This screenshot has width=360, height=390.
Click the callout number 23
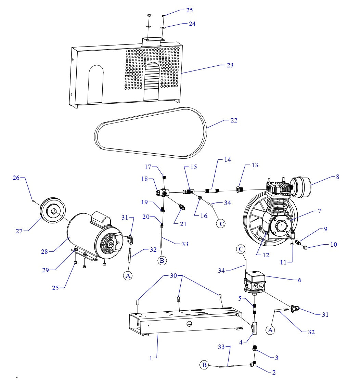point(230,65)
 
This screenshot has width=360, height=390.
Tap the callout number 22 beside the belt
point(234,120)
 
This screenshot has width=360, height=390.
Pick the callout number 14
point(227,160)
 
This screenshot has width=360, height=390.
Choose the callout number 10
point(333,244)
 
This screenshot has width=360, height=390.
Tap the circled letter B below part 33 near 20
point(162,260)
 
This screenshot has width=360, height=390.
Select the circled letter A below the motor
point(128,276)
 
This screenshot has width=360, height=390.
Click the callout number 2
point(274,373)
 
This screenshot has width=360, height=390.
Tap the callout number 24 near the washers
point(192,24)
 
